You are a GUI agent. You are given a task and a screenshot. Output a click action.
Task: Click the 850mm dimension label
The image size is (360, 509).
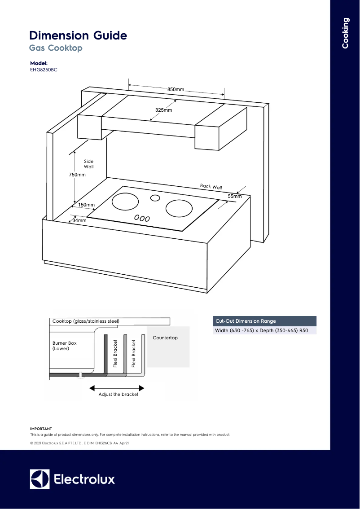(176, 90)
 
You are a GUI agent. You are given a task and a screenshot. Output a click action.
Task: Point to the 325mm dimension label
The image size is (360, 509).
(163, 110)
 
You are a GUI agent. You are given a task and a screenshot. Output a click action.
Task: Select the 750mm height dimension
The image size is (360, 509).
(77, 175)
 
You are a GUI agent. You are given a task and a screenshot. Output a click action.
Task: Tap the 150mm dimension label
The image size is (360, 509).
(86, 205)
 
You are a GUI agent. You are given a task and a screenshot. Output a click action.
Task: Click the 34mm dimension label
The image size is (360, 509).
(79, 220)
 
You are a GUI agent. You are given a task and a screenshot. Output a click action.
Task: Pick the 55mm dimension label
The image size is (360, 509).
(234, 197)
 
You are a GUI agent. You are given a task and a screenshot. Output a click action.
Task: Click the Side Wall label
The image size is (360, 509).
(88, 164)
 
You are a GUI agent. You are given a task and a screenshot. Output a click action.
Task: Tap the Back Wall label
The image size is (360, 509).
(211, 187)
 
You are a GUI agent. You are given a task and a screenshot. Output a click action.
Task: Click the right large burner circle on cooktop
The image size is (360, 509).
(179, 208)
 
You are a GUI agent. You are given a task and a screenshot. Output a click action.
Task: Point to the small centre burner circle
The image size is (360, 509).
(155, 198)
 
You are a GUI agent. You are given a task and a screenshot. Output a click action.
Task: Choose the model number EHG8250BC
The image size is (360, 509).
(44, 70)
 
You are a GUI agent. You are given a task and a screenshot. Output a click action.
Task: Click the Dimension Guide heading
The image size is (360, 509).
(78, 35)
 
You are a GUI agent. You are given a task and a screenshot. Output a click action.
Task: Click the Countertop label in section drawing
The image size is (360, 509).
(165, 338)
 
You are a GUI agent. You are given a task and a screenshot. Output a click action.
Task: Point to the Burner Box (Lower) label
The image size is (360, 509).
(64, 346)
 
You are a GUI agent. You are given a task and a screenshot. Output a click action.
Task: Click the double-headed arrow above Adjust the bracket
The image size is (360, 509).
(117, 387)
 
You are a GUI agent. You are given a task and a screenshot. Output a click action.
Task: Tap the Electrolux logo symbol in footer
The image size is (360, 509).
(40, 479)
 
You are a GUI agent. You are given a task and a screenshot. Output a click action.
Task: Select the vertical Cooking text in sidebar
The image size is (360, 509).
(345, 33)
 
